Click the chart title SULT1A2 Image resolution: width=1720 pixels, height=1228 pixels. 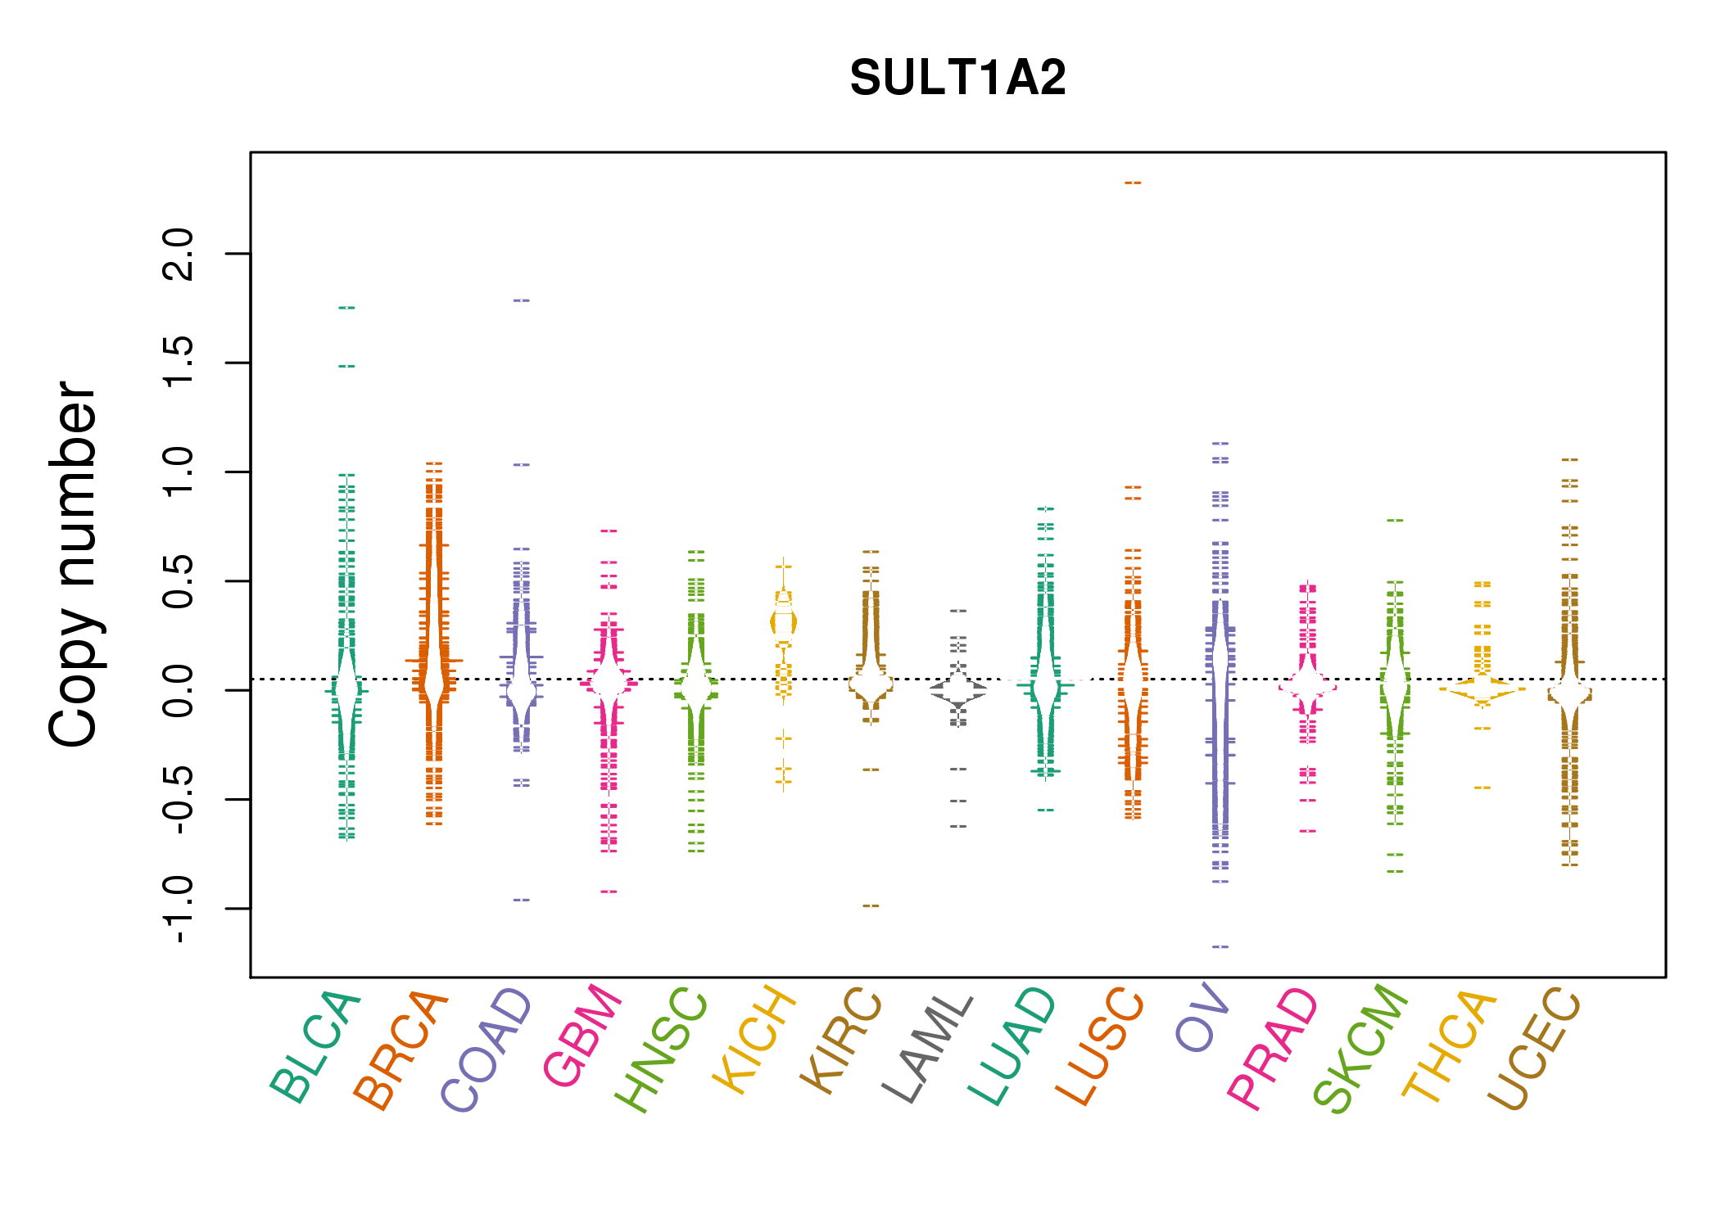tap(957, 78)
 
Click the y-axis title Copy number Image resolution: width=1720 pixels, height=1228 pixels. tap(72, 564)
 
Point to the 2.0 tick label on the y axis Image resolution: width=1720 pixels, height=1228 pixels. tap(179, 254)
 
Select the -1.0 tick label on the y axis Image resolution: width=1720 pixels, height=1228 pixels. tap(179, 909)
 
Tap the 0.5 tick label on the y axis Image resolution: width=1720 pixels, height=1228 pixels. tap(179, 581)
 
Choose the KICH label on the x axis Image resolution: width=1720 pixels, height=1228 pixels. tap(754, 1040)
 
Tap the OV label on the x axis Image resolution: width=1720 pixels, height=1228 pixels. tap(1202, 1018)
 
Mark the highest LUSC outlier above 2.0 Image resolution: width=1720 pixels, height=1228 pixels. tap(1133, 183)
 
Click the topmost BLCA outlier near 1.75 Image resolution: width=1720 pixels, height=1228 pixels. tap(346, 308)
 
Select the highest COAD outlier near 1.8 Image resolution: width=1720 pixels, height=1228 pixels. tap(521, 300)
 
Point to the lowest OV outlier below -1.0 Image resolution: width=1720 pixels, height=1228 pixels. tap(1220, 946)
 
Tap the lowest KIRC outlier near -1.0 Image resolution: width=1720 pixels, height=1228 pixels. tap(871, 905)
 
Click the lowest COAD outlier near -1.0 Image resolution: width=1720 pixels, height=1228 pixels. tap(521, 900)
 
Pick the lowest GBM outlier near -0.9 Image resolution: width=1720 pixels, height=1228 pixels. tap(609, 892)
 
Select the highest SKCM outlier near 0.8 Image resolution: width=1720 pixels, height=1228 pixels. tap(1395, 520)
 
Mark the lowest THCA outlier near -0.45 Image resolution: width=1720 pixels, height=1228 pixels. tap(1482, 788)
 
